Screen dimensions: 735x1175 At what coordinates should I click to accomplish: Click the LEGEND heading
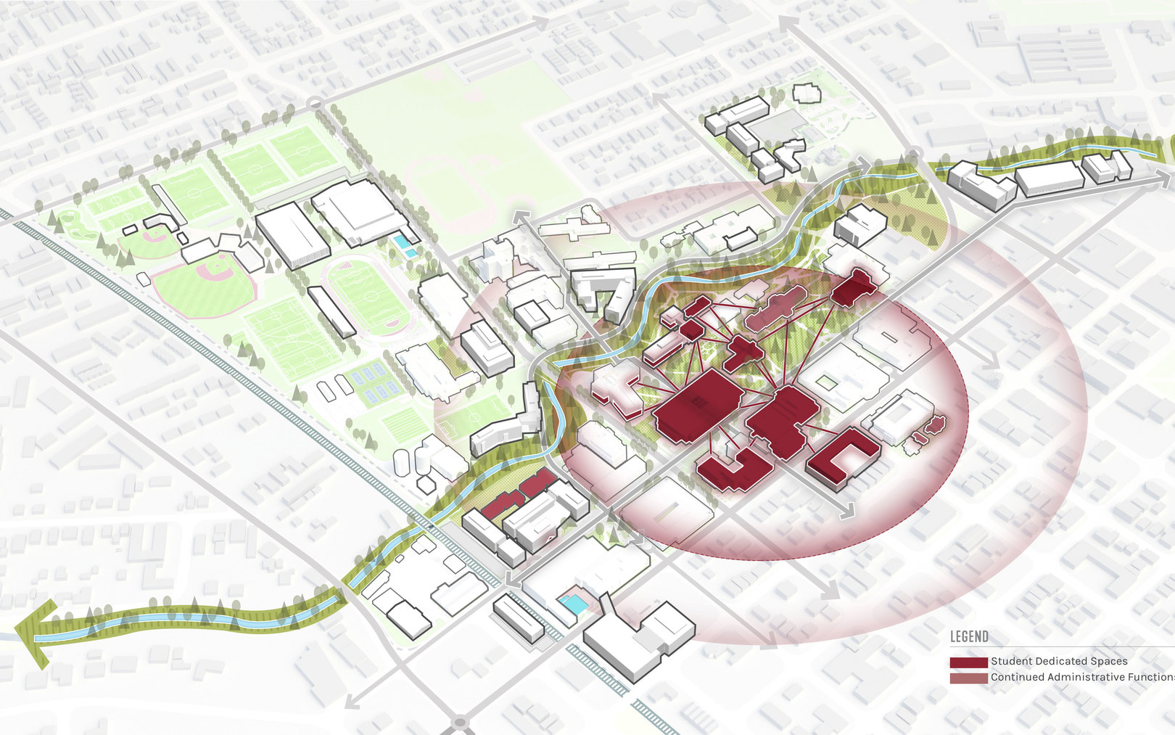coord(969,637)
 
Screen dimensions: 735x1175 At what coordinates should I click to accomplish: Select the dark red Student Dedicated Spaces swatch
coord(968,662)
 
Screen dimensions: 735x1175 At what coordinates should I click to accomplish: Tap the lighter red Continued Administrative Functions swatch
coord(968,678)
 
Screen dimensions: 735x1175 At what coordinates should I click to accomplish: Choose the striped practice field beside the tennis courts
coord(405,423)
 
